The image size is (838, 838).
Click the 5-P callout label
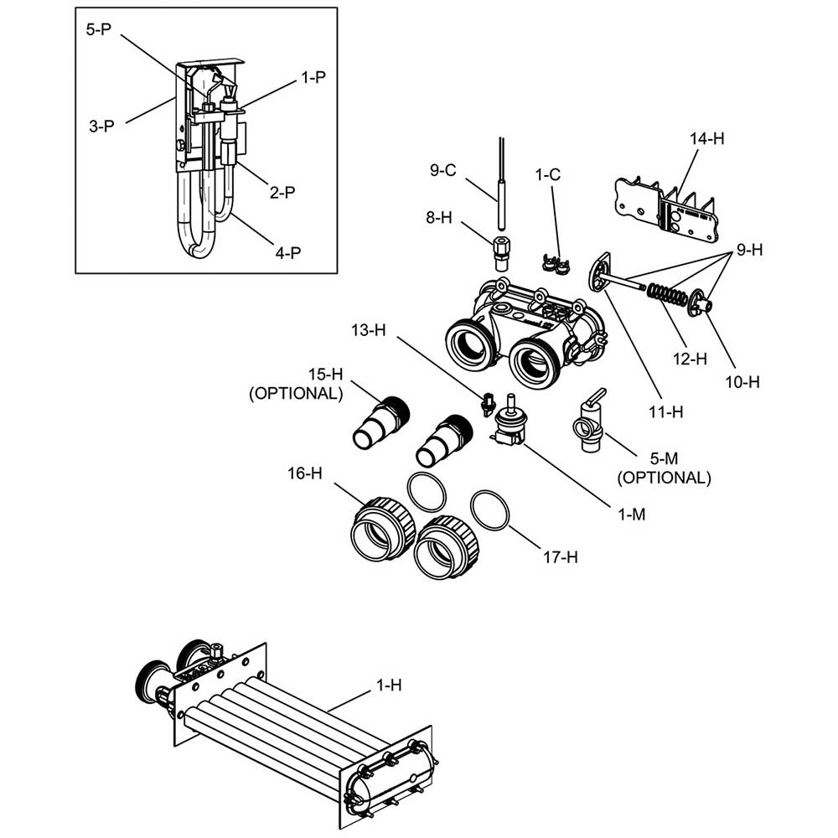[99, 29]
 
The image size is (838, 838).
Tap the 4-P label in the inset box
[288, 252]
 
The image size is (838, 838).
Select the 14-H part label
[707, 138]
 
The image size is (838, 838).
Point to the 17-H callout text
[561, 557]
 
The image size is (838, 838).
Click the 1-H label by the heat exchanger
[389, 685]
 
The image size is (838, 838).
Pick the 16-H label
[305, 473]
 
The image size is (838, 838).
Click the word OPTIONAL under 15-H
[296, 393]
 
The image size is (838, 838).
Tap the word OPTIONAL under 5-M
[665, 478]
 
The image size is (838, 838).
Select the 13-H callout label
[368, 330]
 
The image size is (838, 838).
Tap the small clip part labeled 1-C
[556, 265]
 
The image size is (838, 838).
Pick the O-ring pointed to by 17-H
[489, 510]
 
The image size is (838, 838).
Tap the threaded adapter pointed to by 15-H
[381, 422]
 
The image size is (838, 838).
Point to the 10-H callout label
[742, 382]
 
